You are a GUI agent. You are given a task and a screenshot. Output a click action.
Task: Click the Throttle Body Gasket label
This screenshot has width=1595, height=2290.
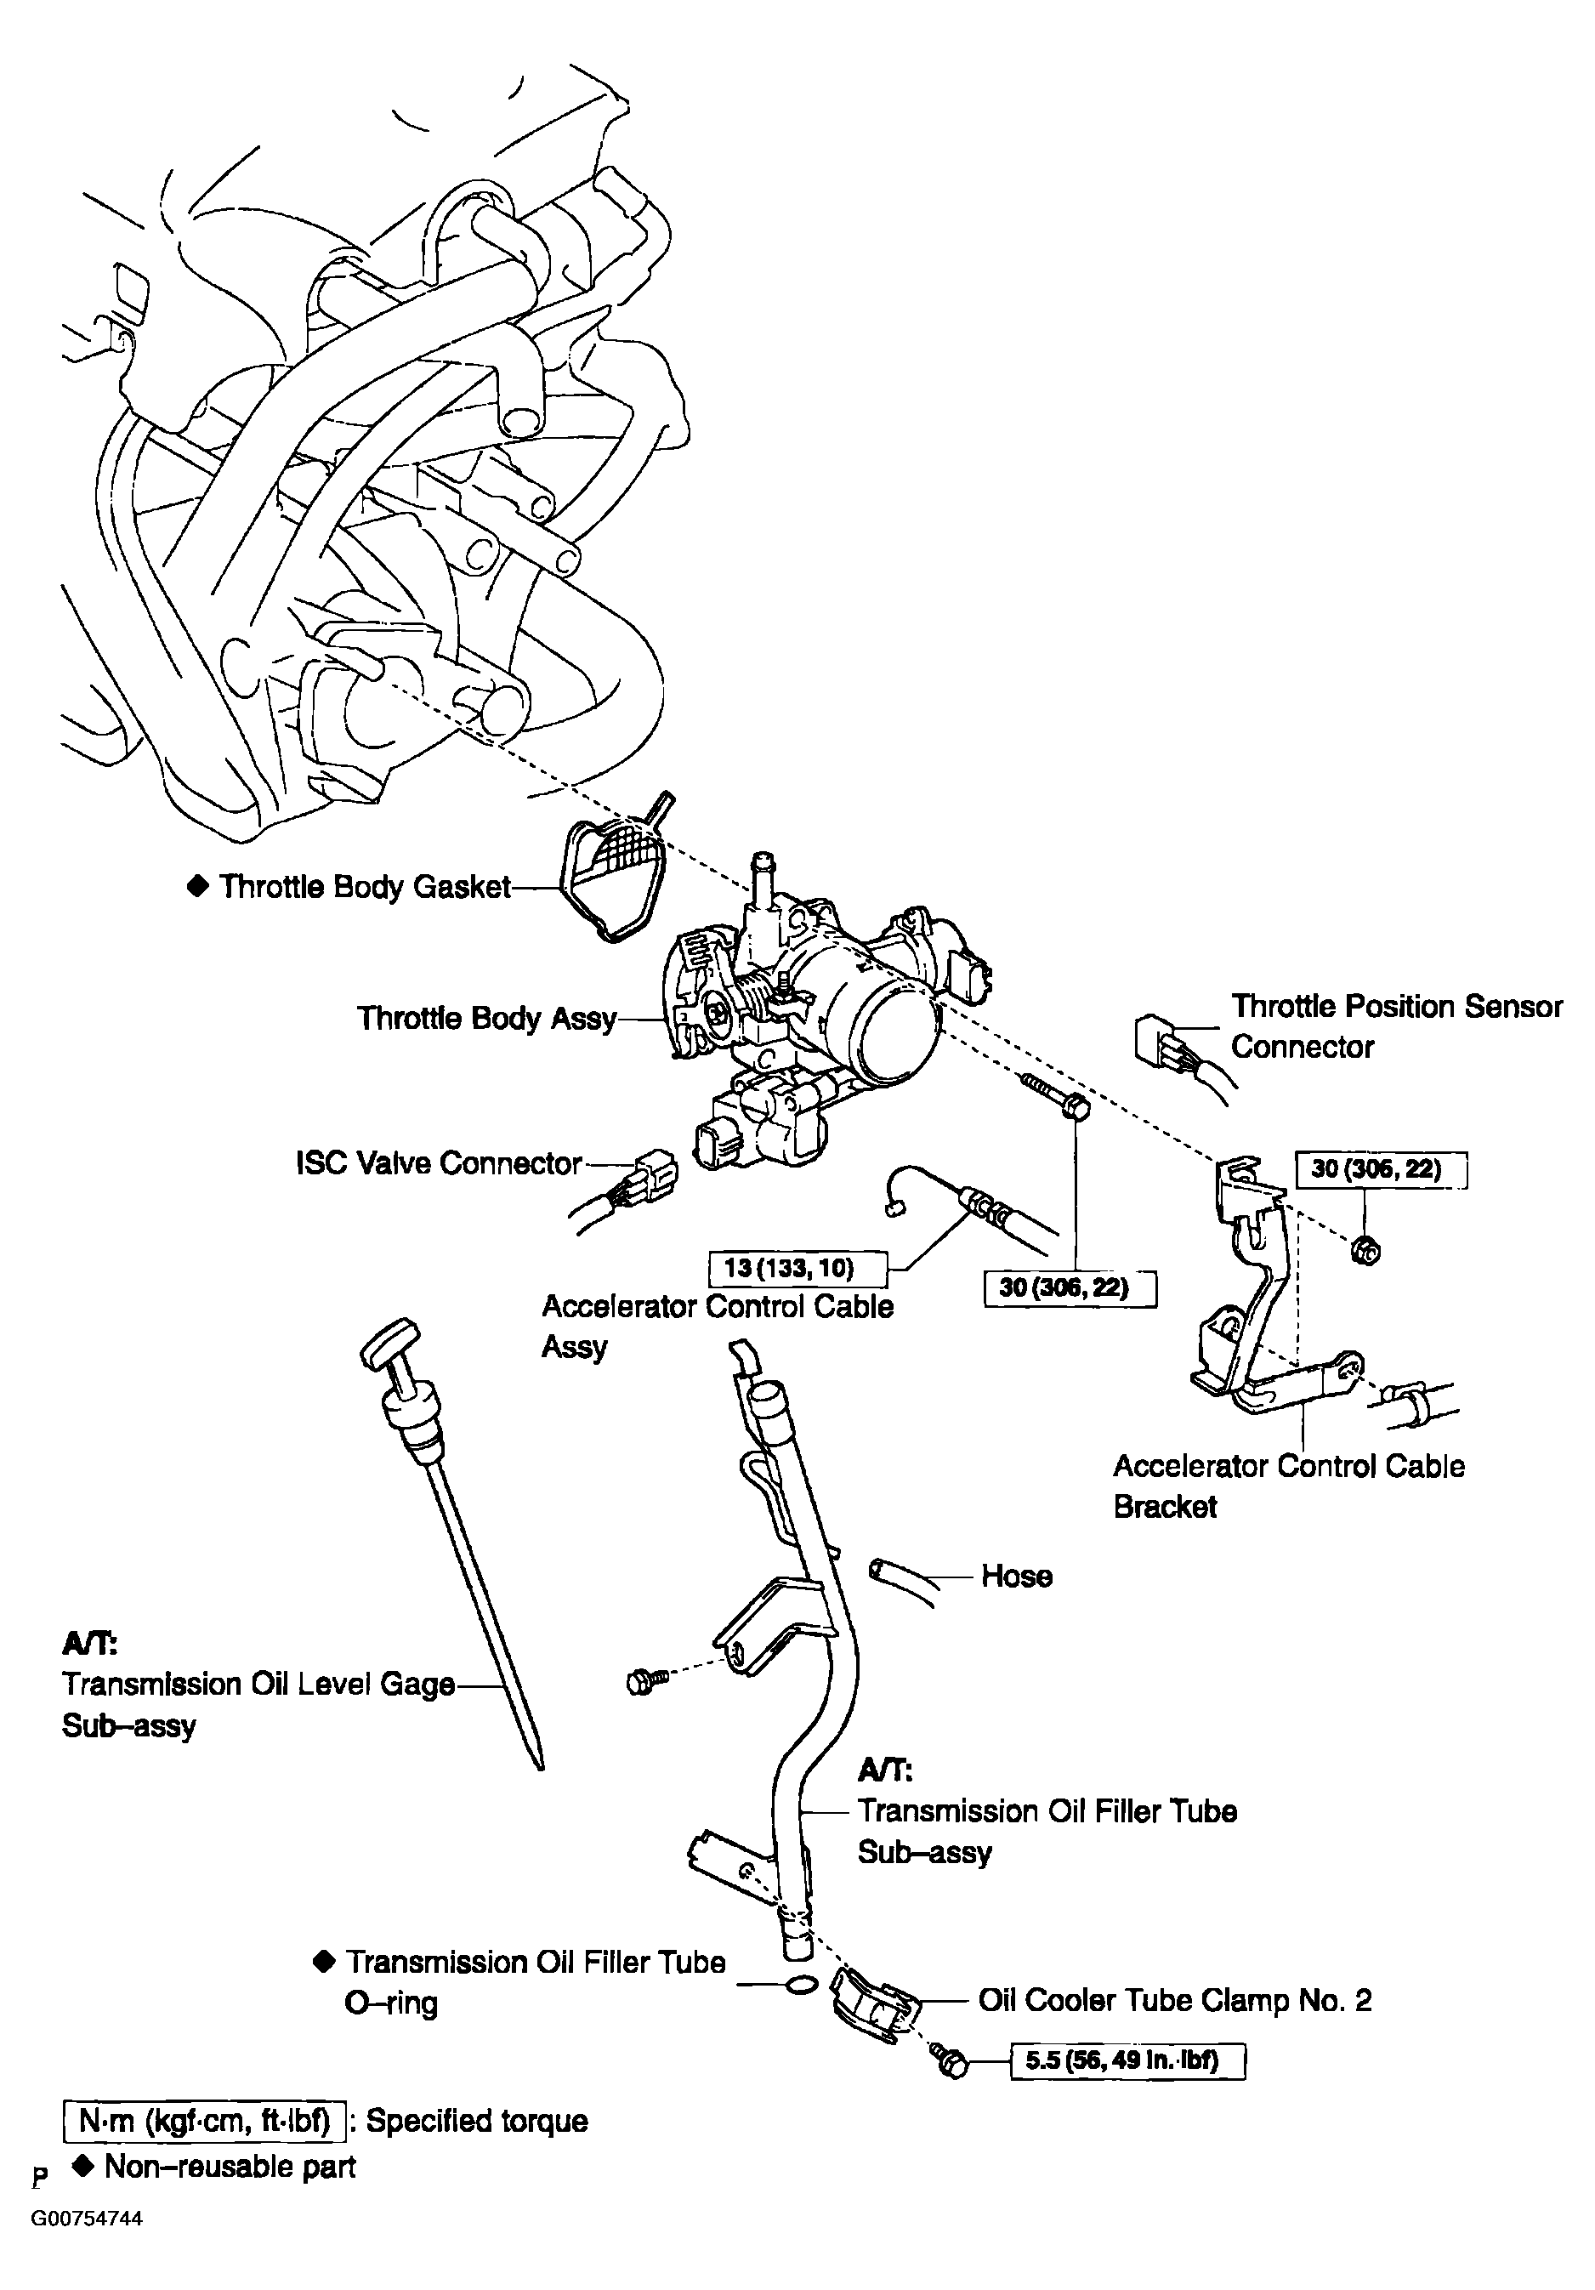[x=364, y=887]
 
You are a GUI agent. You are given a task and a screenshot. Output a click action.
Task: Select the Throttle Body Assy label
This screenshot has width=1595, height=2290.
[x=487, y=1019]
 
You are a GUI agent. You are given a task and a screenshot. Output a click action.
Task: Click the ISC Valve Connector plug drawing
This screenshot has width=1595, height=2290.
[x=653, y=1175]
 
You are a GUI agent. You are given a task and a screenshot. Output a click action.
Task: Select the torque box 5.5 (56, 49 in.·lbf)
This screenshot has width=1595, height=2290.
[x=1127, y=2060]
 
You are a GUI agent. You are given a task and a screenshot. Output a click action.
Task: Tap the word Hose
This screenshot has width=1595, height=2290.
[x=1017, y=1576]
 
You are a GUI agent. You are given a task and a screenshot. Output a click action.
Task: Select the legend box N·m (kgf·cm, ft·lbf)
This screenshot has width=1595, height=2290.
[x=205, y=2121]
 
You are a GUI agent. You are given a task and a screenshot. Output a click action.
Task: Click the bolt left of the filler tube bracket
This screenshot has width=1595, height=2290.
[x=644, y=1683]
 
